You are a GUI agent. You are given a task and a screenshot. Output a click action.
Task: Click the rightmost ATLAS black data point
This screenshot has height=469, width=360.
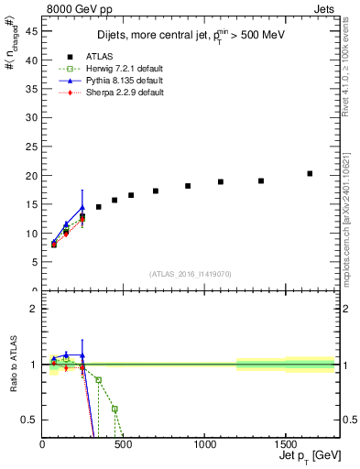pyautogui.click(x=310, y=173)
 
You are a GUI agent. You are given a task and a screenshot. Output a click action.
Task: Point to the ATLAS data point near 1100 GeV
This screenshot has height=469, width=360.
pyautogui.click(x=221, y=181)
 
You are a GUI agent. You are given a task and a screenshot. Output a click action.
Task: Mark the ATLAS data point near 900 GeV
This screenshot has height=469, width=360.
pyautogui.click(x=188, y=186)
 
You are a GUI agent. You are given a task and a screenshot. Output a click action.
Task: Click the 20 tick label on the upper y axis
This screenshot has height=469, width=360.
pyautogui.click(x=33, y=176)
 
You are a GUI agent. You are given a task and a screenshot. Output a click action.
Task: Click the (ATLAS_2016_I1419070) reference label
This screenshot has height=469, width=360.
pyautogui.click(x=190, y=273)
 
